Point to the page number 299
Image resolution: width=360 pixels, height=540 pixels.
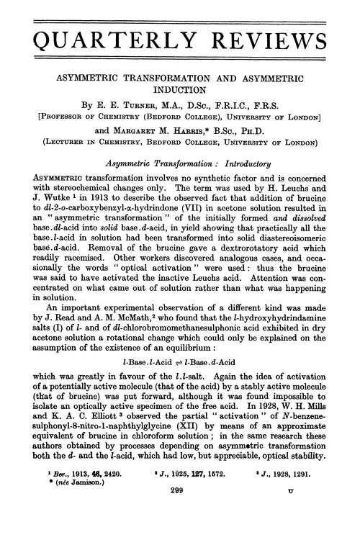click(180, 511)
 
